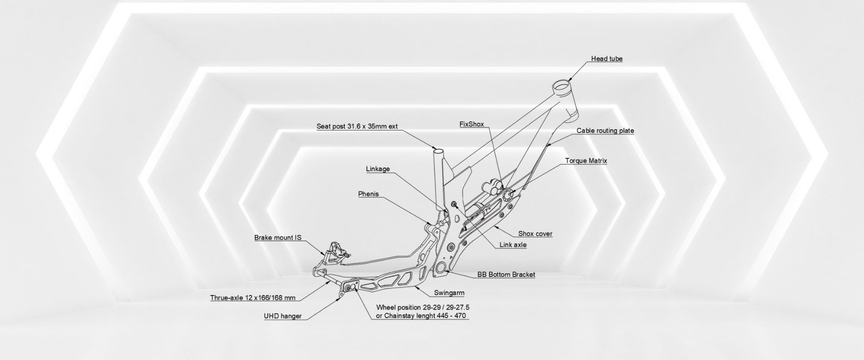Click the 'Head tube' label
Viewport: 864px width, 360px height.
pyautogui.click(x=607, y=59)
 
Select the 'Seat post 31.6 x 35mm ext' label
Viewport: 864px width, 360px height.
pyautogui.click(x=357, y=126)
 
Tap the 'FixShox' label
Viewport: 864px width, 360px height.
pyautogui.click(x=472, y=124)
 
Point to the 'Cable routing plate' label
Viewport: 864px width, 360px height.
pyautogui.click(x=605, y=131)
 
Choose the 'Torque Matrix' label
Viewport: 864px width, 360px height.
pyautogui.click(x=586, y=161)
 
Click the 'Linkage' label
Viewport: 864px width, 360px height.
pyautogui.click(x=378, y=169)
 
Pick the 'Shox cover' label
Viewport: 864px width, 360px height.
pyautogui.click(x=535, y=234)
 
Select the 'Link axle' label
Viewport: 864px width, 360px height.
pyautogui.click(x=513, y=245)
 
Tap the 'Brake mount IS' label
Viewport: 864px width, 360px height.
pyautogui.click(x=277, y=237)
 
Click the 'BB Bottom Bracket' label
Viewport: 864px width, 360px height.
pyautogui.click(x=506, y=275)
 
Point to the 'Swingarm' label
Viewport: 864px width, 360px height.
pyautogui.click(x=449, y=293)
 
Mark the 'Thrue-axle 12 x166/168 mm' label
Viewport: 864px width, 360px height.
pyautogui.click(x=252, y=298)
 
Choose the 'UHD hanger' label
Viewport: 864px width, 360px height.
pyautogui.click(x=282, y=316)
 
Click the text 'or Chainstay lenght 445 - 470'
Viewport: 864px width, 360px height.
pyautogui.click(x=421, y=316)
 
